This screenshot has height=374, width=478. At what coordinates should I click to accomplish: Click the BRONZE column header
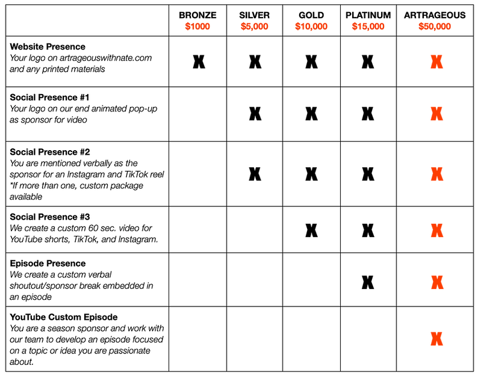click(197, 16)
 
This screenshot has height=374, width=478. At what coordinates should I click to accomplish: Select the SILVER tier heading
click(255, 16)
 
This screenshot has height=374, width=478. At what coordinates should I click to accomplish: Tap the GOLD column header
click(311, 16)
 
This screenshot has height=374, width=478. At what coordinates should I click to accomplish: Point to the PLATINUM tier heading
click(368, 16)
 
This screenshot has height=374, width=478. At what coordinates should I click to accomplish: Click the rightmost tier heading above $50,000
click(434, 16)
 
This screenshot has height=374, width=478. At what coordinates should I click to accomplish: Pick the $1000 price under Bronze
click(197, 27)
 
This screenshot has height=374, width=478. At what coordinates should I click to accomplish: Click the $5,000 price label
click(255, 27)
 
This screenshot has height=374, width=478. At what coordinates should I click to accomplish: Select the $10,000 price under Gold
click(311, 27)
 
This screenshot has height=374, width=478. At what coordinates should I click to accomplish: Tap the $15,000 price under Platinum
click(368, 27)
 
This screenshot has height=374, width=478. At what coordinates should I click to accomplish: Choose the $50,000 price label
click(434, 27)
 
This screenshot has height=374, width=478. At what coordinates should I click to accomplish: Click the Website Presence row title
click(48, 46)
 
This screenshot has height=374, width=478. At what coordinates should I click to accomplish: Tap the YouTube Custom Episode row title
click(64, 317)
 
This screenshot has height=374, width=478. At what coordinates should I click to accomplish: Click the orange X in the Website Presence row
click(436, 62)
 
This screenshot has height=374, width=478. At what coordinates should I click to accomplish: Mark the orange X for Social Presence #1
click(436, 113)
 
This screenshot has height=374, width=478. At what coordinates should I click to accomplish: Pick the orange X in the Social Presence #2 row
click(436, 174)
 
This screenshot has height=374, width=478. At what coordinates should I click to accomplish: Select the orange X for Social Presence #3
click(436, 230)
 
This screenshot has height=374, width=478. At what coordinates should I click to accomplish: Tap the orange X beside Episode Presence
click(436, 281)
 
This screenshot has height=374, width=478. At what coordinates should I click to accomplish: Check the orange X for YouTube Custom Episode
click(436, 338)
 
